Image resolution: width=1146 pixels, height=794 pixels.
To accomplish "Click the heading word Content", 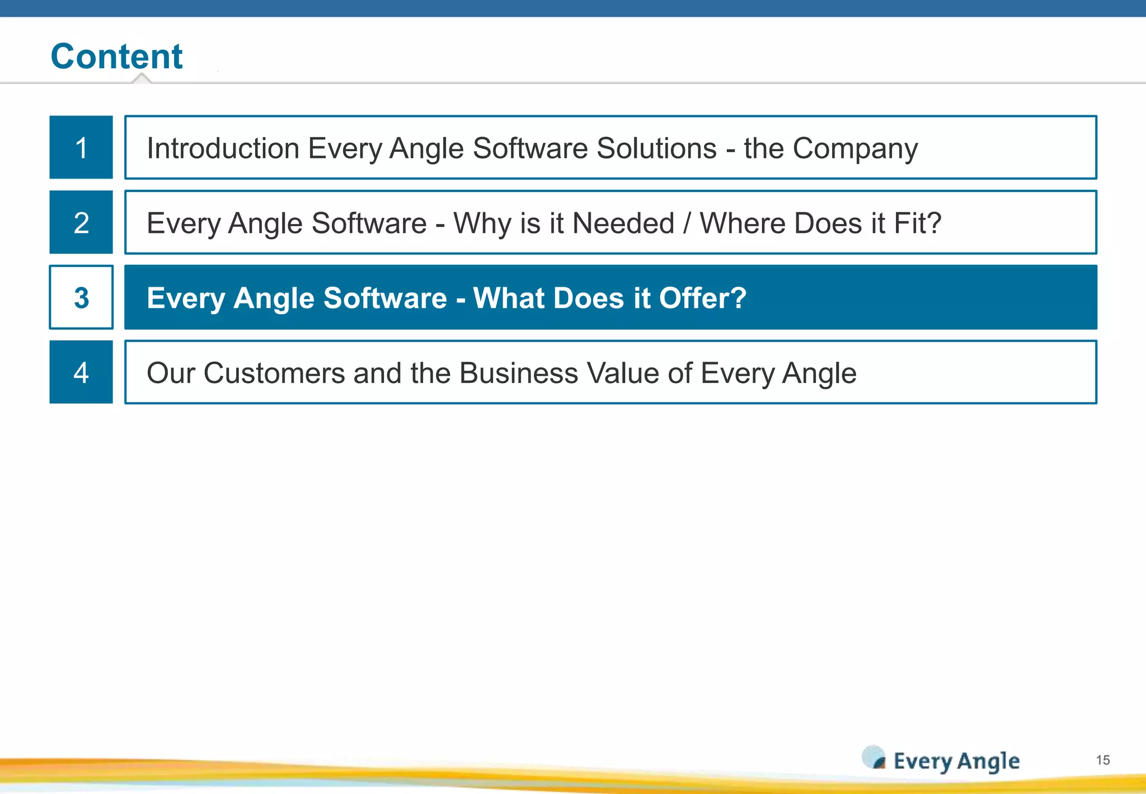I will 116,56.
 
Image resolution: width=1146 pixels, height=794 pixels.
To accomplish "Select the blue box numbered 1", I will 81,147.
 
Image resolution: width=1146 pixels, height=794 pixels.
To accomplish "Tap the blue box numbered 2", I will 81,222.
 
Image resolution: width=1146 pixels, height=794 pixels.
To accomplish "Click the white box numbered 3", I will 81,297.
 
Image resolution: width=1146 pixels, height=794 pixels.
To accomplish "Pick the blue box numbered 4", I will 81,372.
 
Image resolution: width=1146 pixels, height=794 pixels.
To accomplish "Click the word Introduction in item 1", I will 223,148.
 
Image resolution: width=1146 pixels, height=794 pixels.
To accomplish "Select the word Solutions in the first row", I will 656,148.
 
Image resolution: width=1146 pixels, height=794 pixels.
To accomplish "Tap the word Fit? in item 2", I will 917,223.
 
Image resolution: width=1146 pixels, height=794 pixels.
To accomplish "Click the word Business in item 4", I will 518,373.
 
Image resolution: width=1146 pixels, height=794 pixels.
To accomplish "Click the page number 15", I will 1102,760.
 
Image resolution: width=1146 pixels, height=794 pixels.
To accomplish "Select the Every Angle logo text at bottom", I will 956,761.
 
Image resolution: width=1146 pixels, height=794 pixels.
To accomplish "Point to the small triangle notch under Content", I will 142,78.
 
